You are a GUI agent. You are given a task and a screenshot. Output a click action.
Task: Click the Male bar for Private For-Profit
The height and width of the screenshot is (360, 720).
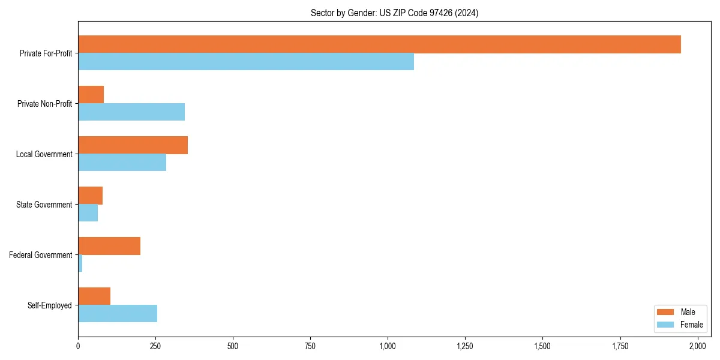pyautogui.click(x=379, y=44)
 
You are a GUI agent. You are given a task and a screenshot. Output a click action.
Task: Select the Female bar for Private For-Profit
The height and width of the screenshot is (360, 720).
pyautogui.click(x=246, y=62)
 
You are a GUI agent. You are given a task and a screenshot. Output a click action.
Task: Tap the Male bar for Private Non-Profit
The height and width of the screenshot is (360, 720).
pyautogui.click(x=91, y=95)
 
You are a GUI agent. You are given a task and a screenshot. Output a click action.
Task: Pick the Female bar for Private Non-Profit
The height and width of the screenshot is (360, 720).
pyautogui.click(x=131, y=112)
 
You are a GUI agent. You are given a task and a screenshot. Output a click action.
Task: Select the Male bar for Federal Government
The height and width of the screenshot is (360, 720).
pyautogui.click(x=109, y=246)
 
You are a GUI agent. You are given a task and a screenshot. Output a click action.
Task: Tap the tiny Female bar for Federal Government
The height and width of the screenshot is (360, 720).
pyautogui.click(x=80, y=263)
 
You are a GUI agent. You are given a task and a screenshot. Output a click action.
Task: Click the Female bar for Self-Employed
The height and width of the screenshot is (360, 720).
pyautogui.click(x=118, y=314)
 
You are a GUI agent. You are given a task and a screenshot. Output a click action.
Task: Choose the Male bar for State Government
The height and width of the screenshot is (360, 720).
pyautogui.click(x=90, y=196)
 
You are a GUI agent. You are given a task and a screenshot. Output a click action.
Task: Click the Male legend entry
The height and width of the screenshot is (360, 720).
pyautogui.click(x=679, y=312)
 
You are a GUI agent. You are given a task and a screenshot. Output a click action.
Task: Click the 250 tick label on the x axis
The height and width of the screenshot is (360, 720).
pyautogui.click(x=155, y=346)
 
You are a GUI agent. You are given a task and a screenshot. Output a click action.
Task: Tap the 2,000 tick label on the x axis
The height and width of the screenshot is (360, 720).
pyautogui.click(x=697, y=346)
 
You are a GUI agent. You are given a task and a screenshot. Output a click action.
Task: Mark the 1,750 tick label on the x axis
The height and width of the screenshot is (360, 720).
pyautogui.click(x=620, y=346)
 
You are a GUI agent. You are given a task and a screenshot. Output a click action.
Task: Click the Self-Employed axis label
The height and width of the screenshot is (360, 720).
pyautogui.click(x=50, y=305)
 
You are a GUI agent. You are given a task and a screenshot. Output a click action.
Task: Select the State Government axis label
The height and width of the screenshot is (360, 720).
pyautogui.click(x=44, y=205)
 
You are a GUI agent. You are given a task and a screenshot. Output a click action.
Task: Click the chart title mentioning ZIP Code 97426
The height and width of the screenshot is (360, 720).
pyautogui.click(x=394, y=13)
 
